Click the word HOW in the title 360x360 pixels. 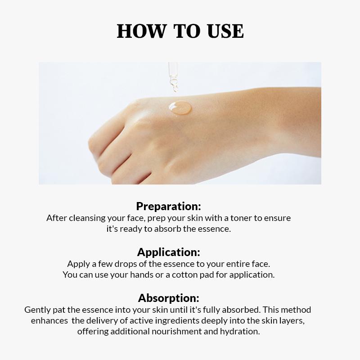click(x=141, y=31)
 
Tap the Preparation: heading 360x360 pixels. click(x=168, y=207)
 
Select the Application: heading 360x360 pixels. click(x=168, y=252)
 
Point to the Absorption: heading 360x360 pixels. click(x=168, y=298)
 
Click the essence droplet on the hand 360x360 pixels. click(x=180, y=108)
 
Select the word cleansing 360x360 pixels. click(x=87, y=218)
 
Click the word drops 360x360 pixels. click(x=126, y=264)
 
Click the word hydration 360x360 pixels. click(x=240, y=332)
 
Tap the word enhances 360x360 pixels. click(x=49, y=321)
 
